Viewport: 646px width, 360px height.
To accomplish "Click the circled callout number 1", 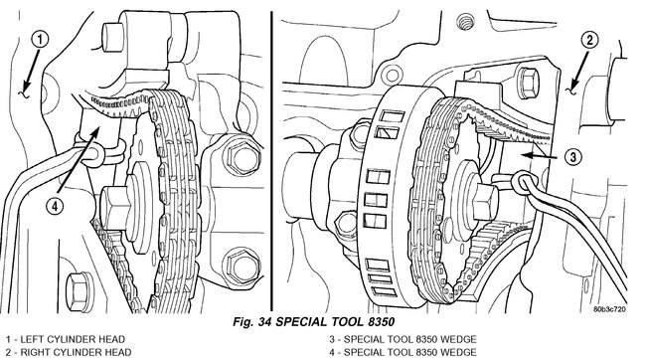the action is pos(40,41).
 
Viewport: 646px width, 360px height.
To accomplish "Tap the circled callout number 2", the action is pos(589,41).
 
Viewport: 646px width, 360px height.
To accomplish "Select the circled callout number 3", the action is pos(572,157).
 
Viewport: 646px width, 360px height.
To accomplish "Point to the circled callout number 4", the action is pos(55,205).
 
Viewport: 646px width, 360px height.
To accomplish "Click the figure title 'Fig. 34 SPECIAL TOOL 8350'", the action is pos(313,321).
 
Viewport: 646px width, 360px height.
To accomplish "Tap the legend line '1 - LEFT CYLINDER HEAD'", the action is pos(65,339).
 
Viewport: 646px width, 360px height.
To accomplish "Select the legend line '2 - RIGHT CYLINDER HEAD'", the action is pos(69,352).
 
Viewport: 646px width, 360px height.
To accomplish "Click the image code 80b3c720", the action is pos(609,309).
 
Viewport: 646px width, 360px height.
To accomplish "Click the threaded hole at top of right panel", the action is pos(465,22).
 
